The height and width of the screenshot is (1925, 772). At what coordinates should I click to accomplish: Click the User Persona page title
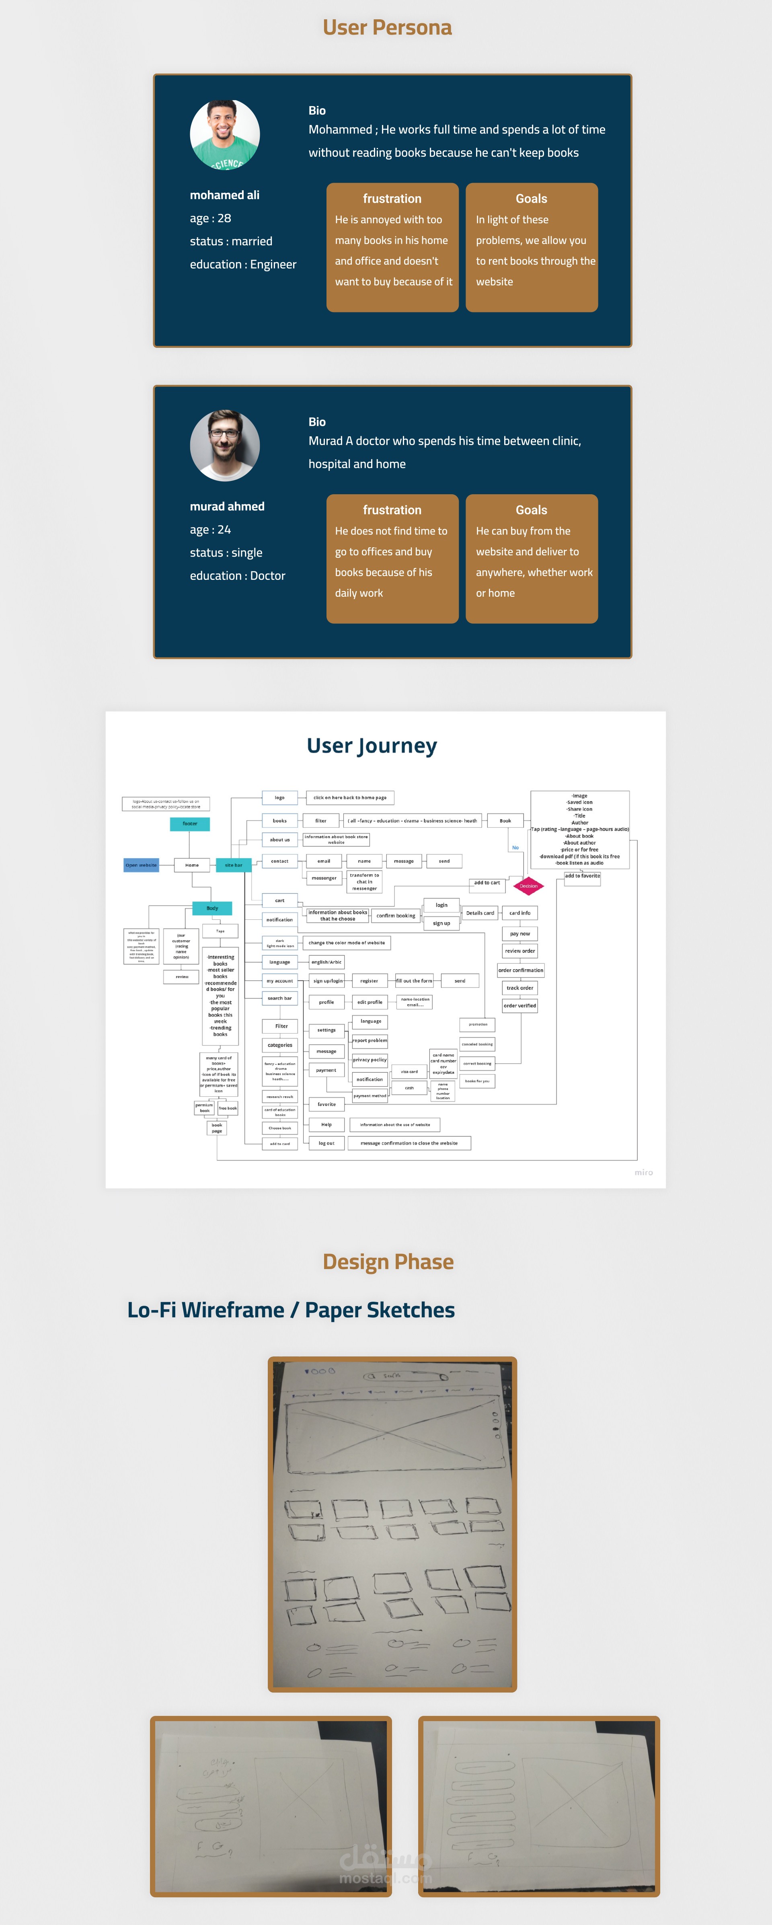[x=387, y=28]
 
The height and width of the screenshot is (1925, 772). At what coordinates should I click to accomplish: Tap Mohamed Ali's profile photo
[x=225, y=134]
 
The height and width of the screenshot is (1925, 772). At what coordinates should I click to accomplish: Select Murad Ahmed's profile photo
[x=225, y=446]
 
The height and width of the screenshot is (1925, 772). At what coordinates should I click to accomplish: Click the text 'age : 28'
[x=211, y=218]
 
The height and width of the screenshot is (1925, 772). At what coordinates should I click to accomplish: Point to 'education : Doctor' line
[x=238, y=575]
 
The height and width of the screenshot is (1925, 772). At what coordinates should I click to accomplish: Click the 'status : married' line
[x=231, y=241]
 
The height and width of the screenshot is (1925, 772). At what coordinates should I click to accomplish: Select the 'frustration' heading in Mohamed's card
[x=392, y=199]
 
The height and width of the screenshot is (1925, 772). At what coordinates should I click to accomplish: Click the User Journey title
[x=372, y=746]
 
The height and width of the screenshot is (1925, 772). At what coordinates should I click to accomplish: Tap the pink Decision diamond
[x=528, y=886]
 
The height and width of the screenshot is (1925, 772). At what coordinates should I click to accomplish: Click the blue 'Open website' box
[x=141, y=865]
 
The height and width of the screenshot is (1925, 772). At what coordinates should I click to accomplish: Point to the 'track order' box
[x=520, y=988]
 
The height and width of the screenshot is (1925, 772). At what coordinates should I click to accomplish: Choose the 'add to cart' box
[x=487, y=883]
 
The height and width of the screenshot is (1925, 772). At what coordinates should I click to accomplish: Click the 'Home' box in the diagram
[x=192, y=865]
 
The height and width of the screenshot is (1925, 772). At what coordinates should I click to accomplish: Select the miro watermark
[x=643, y=1173]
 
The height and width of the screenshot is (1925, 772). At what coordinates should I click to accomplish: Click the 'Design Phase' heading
[x=388, y=1262]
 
